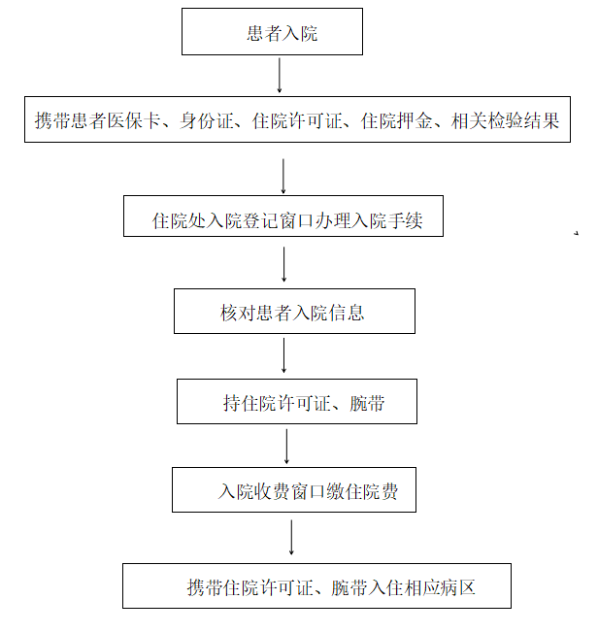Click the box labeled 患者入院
coord(272,31)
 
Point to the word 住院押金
coord(397,120)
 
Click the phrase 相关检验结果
coord(505,120)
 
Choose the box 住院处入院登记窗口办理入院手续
coord(283,216)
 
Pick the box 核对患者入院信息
coord(294,311)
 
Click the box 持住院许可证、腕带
coord(297,401)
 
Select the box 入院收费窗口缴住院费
coord(294,489)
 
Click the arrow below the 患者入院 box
coord(280,75)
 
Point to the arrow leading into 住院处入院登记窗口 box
coord(283,176)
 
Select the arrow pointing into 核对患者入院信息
coord(284,264)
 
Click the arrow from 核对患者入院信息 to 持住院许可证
coord(283,355)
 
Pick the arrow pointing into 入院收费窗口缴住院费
coord(286,446)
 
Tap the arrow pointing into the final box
coord(291,537)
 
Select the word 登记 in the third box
coord(260,220)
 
